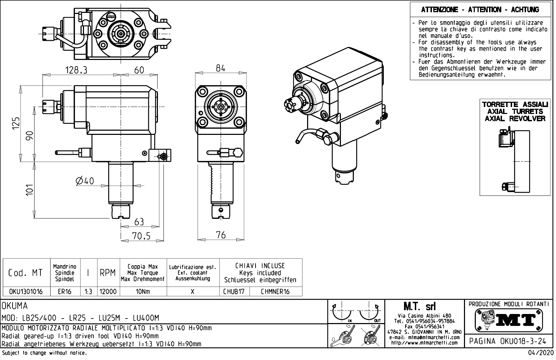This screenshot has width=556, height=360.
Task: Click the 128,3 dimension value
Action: pyautogui.click(x=76, y=70)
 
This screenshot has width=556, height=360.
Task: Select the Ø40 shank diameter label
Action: pyautogui.click(x=85, y=181)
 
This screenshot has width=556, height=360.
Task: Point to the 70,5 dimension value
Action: pyautogui.click(x=141, y=236)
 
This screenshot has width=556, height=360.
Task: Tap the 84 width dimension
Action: pyautogui.click(x=221, y=68)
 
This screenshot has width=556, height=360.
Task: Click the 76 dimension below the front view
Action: pyautogui.click(x=221, y=235)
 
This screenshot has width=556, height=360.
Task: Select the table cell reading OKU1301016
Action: pyautogui.click(x=25, y=291)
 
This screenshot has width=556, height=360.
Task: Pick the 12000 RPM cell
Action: pyautogui.click(x=108, y=291)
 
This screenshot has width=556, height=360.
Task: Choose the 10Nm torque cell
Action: pyautogui.click(x=143, y=291)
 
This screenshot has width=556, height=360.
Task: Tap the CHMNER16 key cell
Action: pyautogui.click(x=275, y=291)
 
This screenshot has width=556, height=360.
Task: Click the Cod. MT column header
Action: pyautogui.click(x=25, y=273)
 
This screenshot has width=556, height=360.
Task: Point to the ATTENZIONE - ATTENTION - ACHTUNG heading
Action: pyautogui.click(x=480, y=10)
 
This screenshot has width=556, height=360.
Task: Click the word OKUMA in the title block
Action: pyautogui.click(x=15, y=306)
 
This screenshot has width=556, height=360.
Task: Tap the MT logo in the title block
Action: pyautogui.click(x=509, y=320)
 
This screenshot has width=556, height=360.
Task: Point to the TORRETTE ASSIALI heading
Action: pyautogui.click(x=515, y=105)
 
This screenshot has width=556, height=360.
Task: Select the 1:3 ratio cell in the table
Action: pyautogui.click(x=88, y=291)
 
